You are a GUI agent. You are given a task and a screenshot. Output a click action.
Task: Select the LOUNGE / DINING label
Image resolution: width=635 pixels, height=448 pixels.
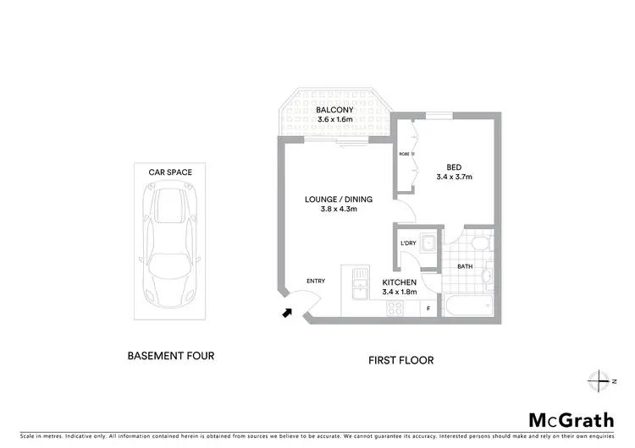tap(332, 199)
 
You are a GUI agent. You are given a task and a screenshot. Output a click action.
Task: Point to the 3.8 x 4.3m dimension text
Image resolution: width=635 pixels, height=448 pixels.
tap(332, 210)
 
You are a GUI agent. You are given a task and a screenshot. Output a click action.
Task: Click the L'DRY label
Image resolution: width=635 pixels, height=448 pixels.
tap(408, 243)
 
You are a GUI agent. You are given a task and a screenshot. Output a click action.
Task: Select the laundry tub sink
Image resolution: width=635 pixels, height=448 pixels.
tap(429, 245)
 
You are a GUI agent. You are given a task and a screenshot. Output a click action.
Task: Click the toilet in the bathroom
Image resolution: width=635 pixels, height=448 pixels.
tap(481, 243)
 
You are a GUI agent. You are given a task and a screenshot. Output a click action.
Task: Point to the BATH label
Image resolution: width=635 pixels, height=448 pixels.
tap(465, 266)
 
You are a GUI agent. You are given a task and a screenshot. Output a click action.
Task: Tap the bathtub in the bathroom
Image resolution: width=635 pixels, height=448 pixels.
tap(469, 306)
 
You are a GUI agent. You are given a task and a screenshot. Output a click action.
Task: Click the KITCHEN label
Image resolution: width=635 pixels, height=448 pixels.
tap(398, 281)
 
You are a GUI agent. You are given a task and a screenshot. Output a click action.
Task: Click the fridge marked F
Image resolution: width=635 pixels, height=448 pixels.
tap(428, 309)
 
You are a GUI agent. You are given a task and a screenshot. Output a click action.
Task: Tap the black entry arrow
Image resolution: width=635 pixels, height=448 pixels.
tap(288, 313)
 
